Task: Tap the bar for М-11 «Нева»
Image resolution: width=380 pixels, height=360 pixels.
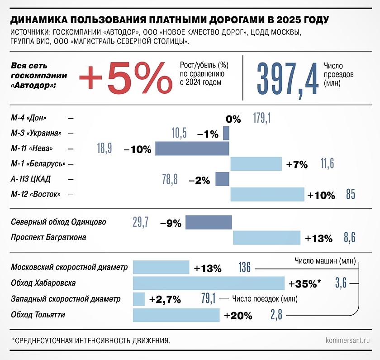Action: pos(192,149)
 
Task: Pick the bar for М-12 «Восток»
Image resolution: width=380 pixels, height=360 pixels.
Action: pos(267,195)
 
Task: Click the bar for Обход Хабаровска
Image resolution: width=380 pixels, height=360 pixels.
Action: pos(209,283)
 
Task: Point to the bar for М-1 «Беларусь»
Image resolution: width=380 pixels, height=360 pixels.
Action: pos(256,164)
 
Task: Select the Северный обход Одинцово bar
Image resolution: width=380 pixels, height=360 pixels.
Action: pos(209,222)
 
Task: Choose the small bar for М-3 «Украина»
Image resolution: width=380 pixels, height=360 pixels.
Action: pos(226,133)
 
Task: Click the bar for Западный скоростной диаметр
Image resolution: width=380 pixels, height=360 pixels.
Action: pos(139,299)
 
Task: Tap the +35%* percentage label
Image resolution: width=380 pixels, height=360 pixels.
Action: pos(304,284)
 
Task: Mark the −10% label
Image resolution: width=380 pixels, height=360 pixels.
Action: pos(137,149)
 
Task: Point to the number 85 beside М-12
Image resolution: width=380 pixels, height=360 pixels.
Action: pos(350,195)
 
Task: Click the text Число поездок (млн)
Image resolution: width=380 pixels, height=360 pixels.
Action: pos(265,299)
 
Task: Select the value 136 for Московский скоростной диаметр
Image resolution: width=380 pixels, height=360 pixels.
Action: pos(244,268)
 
